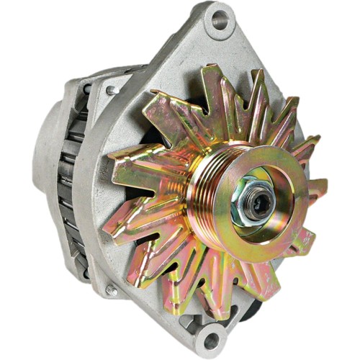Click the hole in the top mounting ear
tap(217, 21)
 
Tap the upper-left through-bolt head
tap(112, 90)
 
